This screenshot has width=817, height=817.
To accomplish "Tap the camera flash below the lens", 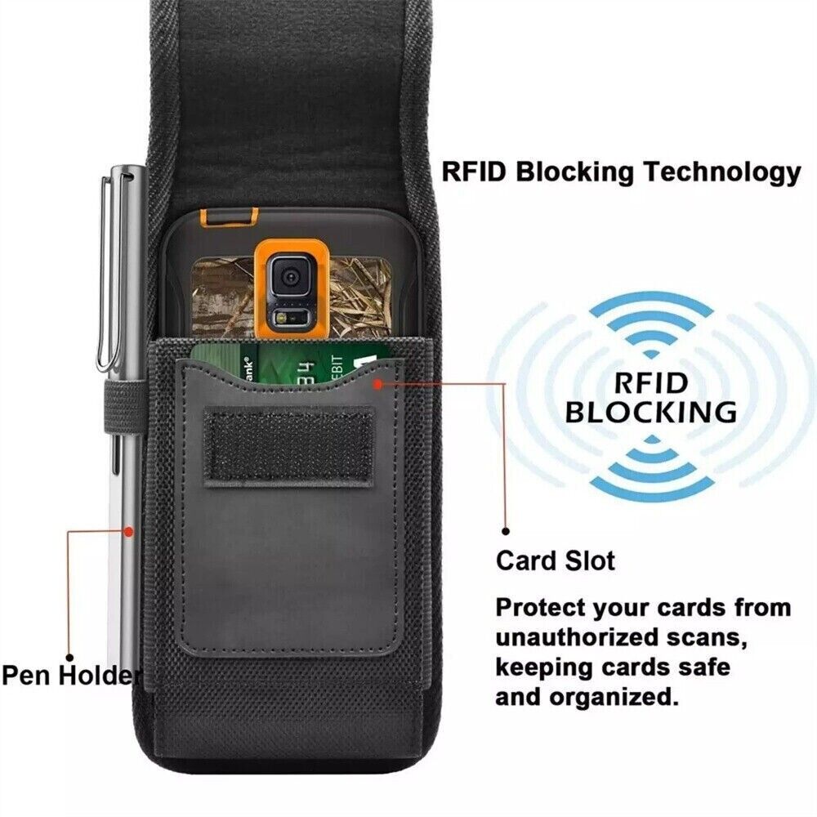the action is click(x=282, y=317).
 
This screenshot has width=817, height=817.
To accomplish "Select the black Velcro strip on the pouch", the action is click(x=288, y=448).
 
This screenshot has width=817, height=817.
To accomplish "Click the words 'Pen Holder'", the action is click(x=71, y=676).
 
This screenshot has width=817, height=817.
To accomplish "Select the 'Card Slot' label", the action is click(x=556, y=561).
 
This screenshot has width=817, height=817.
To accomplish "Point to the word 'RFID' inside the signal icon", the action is click(x=651, y=383).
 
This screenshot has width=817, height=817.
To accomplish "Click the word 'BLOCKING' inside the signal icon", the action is click(x=651, y=412).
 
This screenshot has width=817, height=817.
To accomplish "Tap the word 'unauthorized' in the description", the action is click(x=591, y=637).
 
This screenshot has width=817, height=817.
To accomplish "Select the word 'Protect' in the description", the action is click(x=540, y=608).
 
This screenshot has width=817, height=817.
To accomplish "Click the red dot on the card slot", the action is click(x=378, y=384).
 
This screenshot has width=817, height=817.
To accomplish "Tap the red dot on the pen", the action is click(x=128, y=532).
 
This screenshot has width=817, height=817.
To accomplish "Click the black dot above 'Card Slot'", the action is click(x=506, y=532).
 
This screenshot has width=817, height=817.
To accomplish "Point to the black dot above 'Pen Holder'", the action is click(x=69, y=658).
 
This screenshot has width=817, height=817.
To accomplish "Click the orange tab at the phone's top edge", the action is click(x=230, y=213).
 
